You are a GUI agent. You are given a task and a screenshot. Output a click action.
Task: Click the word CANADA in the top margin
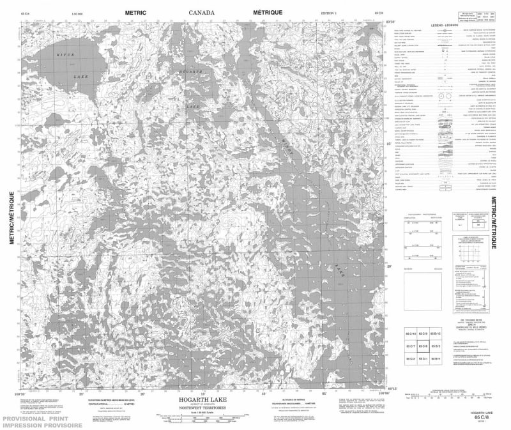tap(202, 12)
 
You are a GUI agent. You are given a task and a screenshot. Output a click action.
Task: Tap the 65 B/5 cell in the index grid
tap(437, 347)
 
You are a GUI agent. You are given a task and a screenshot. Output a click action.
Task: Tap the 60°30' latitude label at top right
tap(390, 22)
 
